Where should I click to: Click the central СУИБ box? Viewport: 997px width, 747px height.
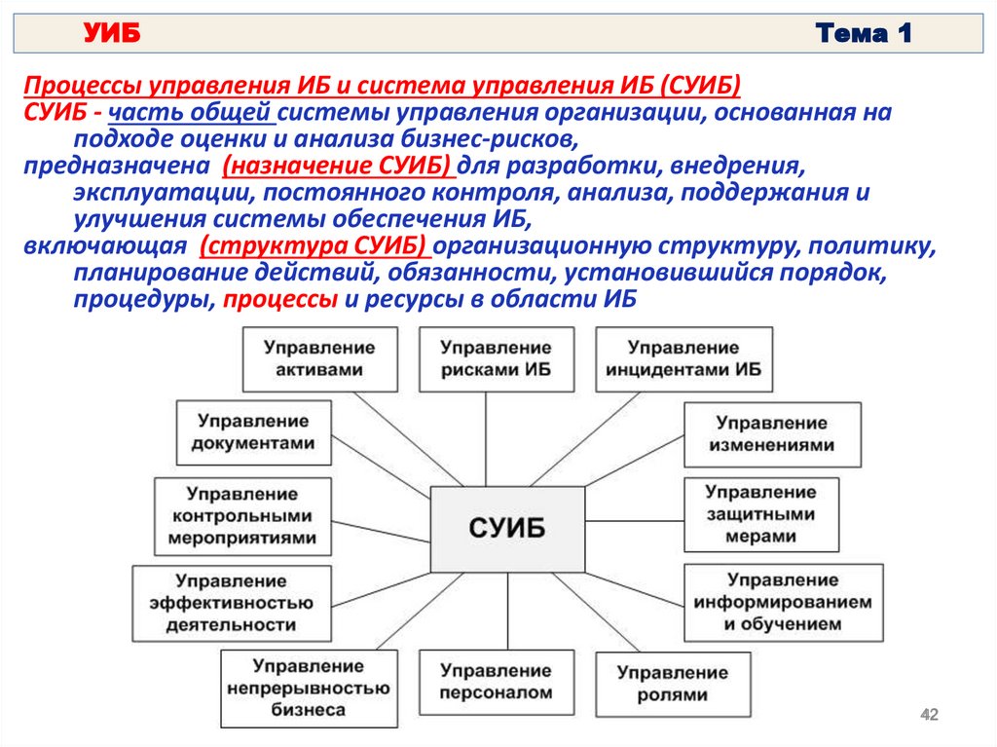pyautogui.click(x=507, y=529)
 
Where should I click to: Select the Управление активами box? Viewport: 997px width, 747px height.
pyautogui.click(x=319, y=358)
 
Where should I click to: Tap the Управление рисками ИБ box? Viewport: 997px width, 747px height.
pyautogui.click(x=495, y=358)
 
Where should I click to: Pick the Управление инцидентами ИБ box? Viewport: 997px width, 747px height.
pyautogui.click(x=683, y=358)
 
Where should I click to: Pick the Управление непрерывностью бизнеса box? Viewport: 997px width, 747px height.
pyautogui.click(x=310, y=688)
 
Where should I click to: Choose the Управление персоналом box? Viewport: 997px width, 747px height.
pyautogui.click(x=495, y=682)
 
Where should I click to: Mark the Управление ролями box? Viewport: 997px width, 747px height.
pyautogui.click(x=672, y=684)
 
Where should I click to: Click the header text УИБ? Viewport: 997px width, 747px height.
pyautogui.click(x=111, y=35)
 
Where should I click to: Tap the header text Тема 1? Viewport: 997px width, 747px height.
pyautogui.click(x=865, y=35)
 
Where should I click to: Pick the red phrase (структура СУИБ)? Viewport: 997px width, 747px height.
pyautogui.click(x=317, y=244)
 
